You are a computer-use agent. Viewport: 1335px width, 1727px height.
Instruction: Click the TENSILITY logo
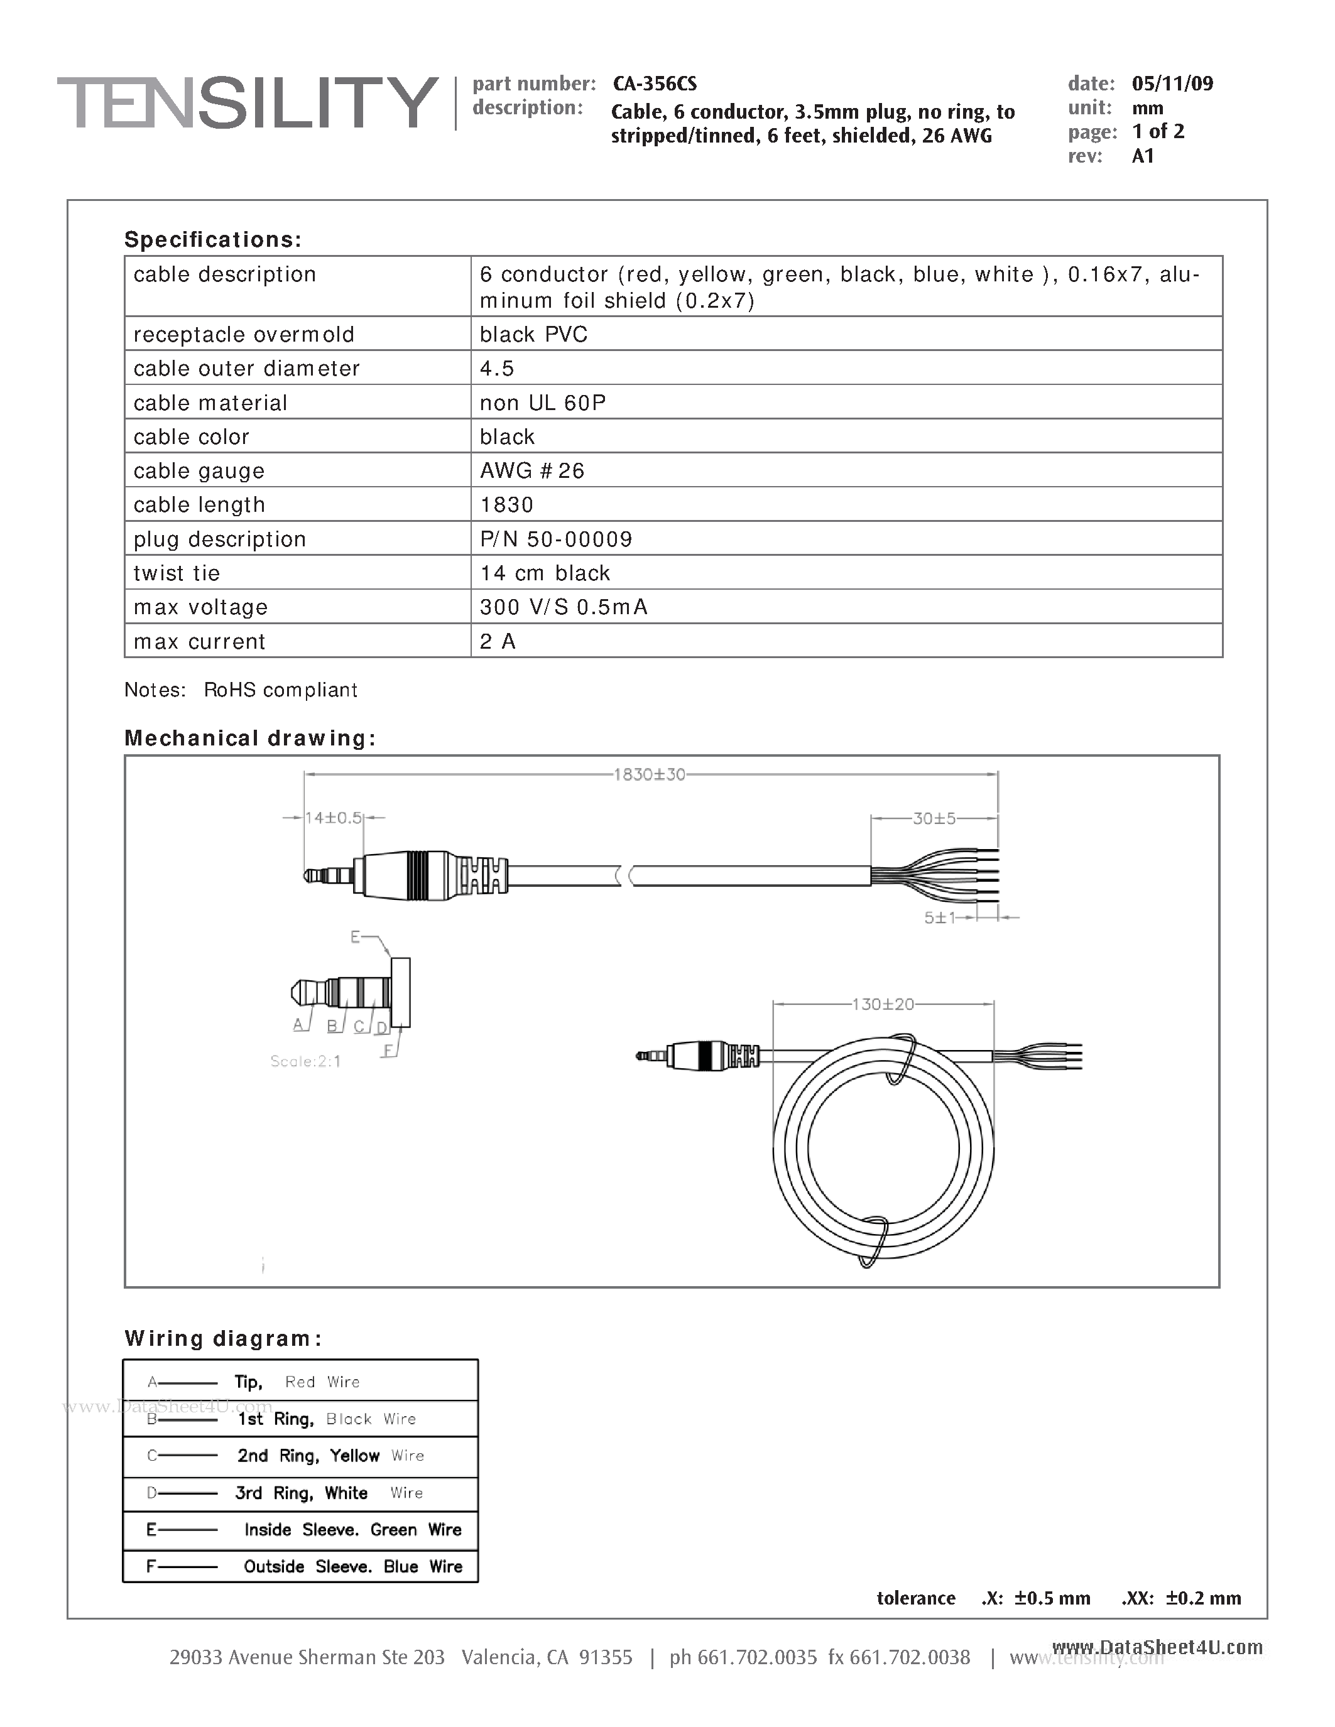pyautogui.click(x=247, y=103)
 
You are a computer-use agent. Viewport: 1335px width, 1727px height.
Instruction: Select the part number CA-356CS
pyautogui.click(x=654, y=84)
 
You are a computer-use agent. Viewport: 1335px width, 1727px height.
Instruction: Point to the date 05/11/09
pyautogui.click(x=1172, y=84)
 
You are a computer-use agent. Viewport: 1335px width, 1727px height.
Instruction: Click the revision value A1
pyautogui.click(x=1143, y=156)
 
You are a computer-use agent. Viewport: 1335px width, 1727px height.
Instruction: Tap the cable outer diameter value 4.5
pyautogui.click(x=497, y=369)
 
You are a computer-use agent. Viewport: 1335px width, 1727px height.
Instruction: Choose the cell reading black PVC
pyautogui.click(x=533, y=335)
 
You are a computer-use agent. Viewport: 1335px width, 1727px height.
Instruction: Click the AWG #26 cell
pyautogui.click(x=531, y=470)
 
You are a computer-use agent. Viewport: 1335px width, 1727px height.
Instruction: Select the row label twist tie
pyautogui.click(x=177, y=573)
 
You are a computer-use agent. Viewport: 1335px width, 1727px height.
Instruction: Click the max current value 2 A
pyautogui.click(x=498, y=641)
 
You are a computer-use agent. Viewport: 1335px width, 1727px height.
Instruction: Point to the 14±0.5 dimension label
pyautogui.click(x=333, y=818)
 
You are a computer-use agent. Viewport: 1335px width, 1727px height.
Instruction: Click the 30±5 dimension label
pyautogui.click(x=934, y=818)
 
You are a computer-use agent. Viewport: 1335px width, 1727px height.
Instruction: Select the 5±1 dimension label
pyautogui.click(x=940, y=918)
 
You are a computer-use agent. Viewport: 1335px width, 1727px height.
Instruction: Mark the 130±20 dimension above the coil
pyautogui.click(x=883, y=1004)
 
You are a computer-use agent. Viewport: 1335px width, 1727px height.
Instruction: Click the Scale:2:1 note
pyautogui.click(x=305, y=1061)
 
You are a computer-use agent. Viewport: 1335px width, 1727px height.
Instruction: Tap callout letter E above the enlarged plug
pyautogui.click(x=355, y=937)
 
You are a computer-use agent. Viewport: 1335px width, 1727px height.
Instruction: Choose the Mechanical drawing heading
pyautogui.click(x=250, y=738)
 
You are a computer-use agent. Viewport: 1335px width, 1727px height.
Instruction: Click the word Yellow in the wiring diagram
pyautogui.click(x=354, y=1456)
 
